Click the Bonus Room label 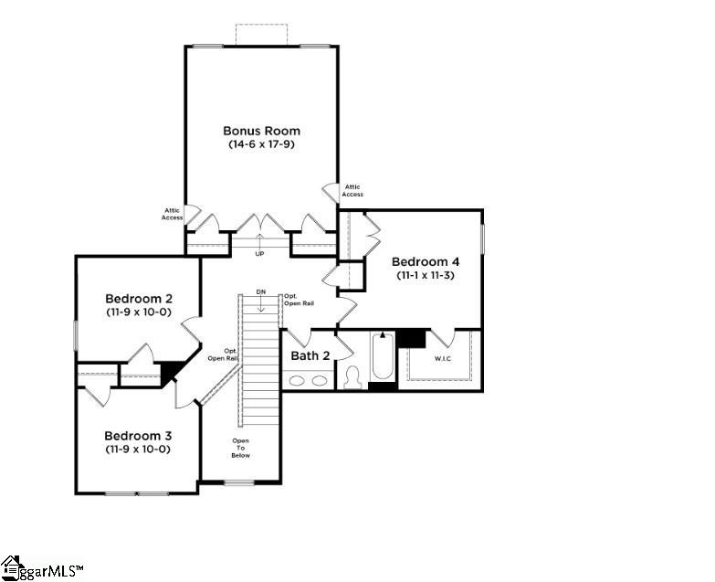tap(261, 131)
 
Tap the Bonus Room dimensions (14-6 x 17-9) tap(261, 144)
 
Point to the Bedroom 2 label tap(139, 299)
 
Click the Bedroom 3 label tap(138, 435)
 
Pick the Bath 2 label tap(310, 355)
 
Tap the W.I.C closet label tap(443, 359)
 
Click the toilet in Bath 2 tap(352, 376)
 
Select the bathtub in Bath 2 tap(383, 360)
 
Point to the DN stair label tap(260, 291)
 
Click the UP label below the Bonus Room tap(259, 253)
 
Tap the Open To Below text tap(240, 448)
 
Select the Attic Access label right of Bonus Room tap(352, 190)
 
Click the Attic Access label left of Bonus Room tap(172, 214)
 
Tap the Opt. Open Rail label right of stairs tap(292, 299)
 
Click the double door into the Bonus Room tap(261, 224)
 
